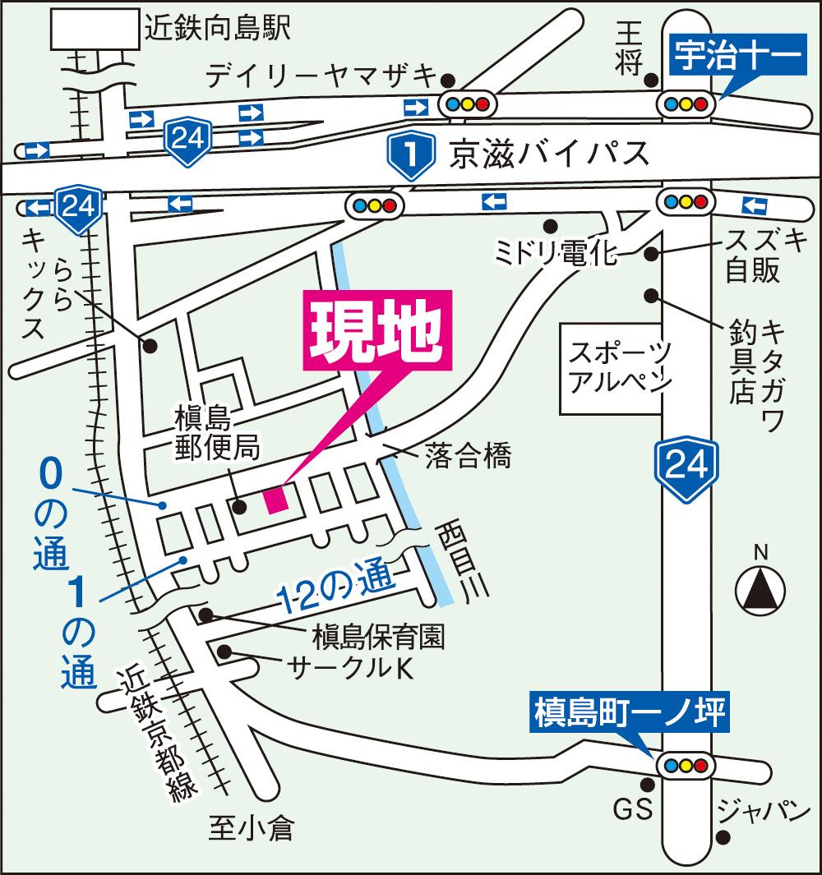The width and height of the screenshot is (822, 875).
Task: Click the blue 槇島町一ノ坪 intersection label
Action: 630,712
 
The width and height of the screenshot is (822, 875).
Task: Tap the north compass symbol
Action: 760,587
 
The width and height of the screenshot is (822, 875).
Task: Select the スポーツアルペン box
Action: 615,368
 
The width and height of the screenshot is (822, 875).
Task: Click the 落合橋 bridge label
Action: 469,456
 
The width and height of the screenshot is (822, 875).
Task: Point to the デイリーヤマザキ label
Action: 321,76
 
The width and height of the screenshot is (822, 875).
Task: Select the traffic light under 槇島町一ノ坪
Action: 684,764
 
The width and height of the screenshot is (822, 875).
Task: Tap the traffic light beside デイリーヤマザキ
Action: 466,104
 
